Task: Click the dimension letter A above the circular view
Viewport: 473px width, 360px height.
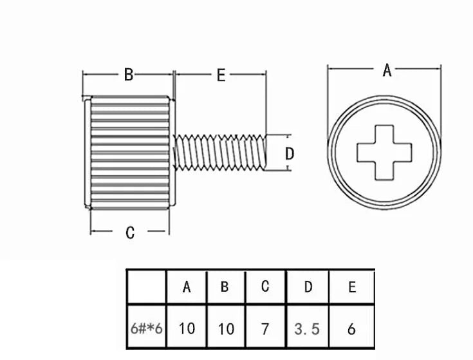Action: point(387,70)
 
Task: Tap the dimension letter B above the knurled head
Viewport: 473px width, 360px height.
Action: point(129,74)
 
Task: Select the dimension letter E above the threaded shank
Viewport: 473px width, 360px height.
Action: point(221,75)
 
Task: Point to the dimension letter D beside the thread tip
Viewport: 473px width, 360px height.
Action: point(290,154)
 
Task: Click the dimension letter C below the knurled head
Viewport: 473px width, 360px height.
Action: point(130,232)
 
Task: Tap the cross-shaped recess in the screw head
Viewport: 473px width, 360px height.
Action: point(384,153)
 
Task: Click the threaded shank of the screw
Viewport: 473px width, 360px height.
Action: point(220,153)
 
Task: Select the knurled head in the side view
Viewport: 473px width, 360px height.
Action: point(130,153)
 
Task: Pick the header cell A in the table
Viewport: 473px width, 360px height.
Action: point(187,287)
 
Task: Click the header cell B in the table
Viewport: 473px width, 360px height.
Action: point(225,287)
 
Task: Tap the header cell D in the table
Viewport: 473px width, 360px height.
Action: point(308,287)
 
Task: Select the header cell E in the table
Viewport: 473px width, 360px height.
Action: point(352,287)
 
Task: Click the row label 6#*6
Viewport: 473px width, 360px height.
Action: point(147,328)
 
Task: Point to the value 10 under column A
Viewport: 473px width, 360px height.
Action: point(187,328)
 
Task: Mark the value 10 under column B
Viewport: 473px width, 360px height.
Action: point(226,328)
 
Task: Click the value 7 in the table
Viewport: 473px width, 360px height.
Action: point(265,328)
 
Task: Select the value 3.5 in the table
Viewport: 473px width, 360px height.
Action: point(307,328)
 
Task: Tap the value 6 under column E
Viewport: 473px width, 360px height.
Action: point(351,328)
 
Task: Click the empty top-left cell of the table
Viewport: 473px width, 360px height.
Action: point(147,287)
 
